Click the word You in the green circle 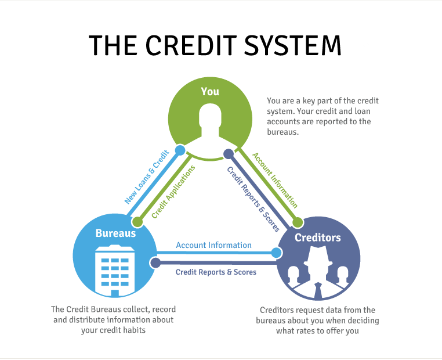coord(210,91)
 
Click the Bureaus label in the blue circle coord(115,233)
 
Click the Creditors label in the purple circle coord(317,237)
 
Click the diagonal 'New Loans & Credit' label coord(146,177)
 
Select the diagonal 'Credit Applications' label coord(172,192)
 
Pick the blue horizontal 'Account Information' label coord(213,245)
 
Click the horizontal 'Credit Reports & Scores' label coord(216,272)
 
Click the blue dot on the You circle coord(180,150)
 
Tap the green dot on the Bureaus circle coord(137,221)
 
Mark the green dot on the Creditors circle coord(298,222)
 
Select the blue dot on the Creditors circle coord(276,253)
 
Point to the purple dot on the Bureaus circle coord(155,262)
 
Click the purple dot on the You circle coord(229,154)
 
